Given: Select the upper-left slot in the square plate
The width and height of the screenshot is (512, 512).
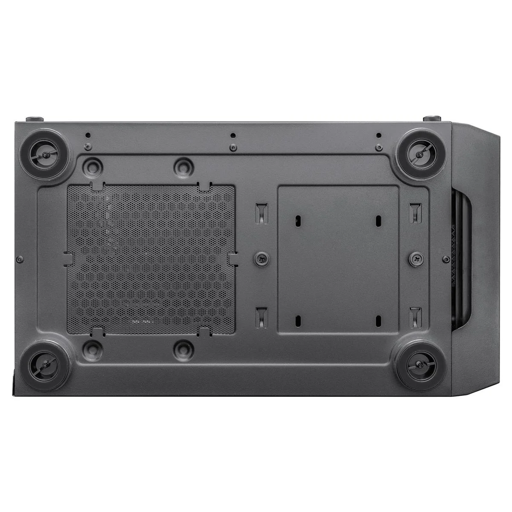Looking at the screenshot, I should tap(297, 221).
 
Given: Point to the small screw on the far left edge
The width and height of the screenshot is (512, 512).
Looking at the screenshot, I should tap(20, 259).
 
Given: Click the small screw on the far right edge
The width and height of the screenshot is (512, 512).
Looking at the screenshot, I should tap(446, 259).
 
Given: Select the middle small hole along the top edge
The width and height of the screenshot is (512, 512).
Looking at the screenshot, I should tap(233, 136).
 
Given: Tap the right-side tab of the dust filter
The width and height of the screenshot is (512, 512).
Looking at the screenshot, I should tap(234, 259).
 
